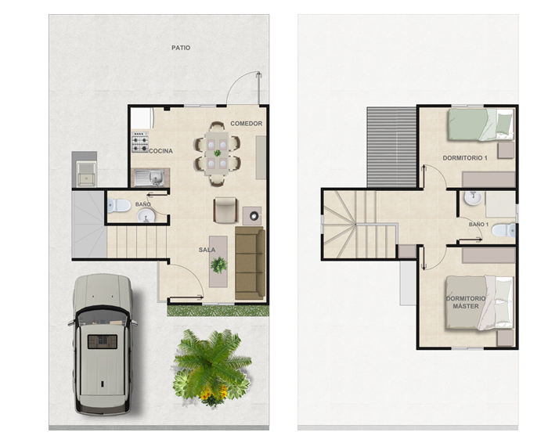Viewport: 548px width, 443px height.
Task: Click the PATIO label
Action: point(181,48)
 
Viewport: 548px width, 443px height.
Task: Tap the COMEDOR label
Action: point(246,124)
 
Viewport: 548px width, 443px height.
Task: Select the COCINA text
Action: point(160,151)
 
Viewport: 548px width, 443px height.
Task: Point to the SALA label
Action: point(207,250)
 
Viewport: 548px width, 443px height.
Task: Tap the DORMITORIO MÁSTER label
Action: point(466,302)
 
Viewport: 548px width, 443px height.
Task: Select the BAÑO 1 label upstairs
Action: point(478,225)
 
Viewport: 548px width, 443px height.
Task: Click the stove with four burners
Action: point(140,142)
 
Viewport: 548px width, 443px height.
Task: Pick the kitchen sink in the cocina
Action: point(150,178)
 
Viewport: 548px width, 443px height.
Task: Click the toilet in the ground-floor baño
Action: point(119,205)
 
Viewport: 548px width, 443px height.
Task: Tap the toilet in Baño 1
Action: point(503,231)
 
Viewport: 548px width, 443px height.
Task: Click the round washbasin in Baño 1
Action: point(473,198)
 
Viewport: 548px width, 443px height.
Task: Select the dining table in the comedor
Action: point(217,153)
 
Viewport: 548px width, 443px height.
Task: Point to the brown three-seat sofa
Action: point(250,263)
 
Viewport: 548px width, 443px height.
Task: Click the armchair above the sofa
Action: point(225,210)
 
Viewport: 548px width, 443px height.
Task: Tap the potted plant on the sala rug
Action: point(218,265)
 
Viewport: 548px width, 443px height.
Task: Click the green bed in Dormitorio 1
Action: point(481,124)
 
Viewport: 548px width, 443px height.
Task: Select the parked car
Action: point(102,344)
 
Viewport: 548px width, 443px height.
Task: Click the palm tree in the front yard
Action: point(212,368)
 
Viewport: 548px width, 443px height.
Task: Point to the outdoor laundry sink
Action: point(85,174)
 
